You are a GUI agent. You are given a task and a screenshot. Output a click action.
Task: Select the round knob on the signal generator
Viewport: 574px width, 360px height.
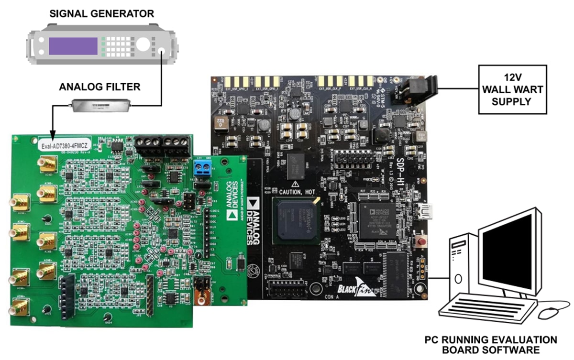point(143,45)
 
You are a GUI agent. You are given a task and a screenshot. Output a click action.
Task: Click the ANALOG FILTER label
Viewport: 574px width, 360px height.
point(99,87)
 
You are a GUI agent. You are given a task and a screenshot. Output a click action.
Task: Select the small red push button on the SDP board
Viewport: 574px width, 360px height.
point(422,240)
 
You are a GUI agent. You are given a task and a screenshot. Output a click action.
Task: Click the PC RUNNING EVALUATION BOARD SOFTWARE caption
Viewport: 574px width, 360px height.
point(491,344)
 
